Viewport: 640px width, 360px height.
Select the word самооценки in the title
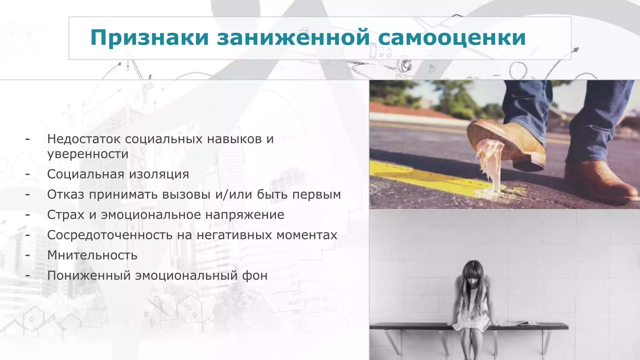tap(452, 38)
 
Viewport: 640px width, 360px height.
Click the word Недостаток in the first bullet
tap(84, 139)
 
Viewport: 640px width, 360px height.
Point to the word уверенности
tap(88, 154)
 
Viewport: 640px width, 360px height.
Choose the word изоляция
tap(159, 174)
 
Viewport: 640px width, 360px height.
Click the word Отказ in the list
tap(66, 194)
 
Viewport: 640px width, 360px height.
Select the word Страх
tap(66, 215)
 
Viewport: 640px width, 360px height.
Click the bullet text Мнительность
tap(92, 255)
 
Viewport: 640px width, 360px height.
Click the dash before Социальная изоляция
tap(28, 174)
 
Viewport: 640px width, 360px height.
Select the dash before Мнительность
tap(28, 255)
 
